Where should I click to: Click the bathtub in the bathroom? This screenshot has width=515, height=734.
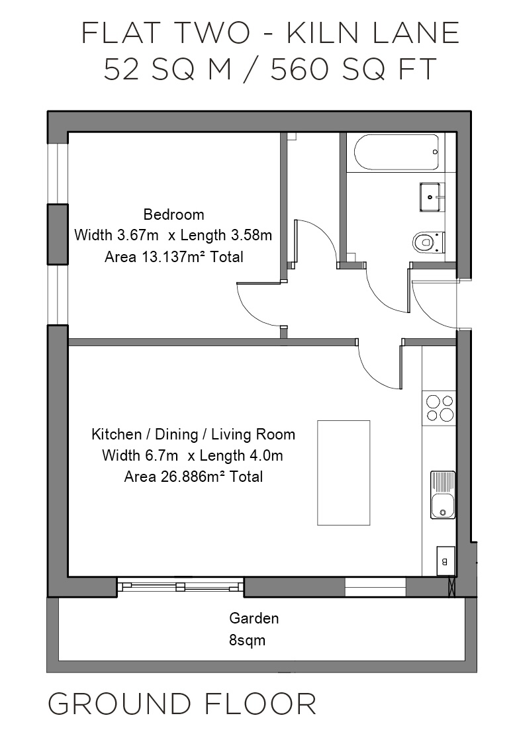click(x=397, y=153)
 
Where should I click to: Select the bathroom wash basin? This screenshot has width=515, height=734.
click(x=431, y=197)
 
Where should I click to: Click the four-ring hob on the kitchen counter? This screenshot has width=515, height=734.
click(x=440, y=408)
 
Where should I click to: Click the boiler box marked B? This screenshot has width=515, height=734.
click(x=444, y=561)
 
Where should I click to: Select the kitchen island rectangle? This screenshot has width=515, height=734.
click(x=343, y=472)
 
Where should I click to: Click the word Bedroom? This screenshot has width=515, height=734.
click(x=173, y=214)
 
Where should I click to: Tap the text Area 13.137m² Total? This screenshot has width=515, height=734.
click(x=173, y=257)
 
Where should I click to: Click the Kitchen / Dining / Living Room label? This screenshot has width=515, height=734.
click(x=193, y=435)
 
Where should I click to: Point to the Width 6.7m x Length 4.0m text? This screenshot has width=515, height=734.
click(x=193, y=455)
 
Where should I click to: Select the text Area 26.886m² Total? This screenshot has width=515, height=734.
click(x=193, y=477)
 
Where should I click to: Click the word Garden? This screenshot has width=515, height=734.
click(x=254, y=618)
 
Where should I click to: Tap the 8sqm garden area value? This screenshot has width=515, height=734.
click(x=248, y=640)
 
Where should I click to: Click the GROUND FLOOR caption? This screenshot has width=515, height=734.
click(x=182, y=704)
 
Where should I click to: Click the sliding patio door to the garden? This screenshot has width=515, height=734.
click(x=181, y=586)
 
